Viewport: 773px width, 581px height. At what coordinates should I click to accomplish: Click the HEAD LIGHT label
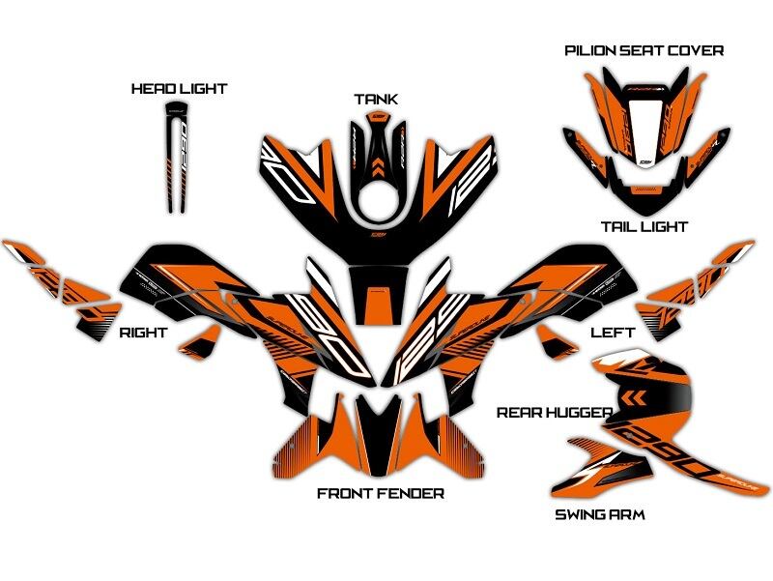pyautogui.click(x=179, y=89)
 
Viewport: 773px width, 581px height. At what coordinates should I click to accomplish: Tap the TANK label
pyautogui.click(x=376, y=100)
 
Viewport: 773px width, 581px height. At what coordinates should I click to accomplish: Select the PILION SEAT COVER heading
pyautogui.click(x=644, y=50)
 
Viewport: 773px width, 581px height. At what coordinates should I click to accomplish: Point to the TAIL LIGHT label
pyautogui.click(x=644, y=227)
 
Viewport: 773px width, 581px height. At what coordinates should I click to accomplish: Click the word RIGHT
pyautogui.click(x=143, y=333)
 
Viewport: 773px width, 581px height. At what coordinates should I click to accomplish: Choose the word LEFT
pyautogui.click(x=613, y=333)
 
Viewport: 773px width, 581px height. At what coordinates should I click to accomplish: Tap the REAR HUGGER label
pyautogui.click(x=554, y=413)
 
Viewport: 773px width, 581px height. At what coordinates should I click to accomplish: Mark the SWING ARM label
pyautogui.click(x=599, y=514)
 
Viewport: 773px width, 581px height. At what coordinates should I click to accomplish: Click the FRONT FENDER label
pyautogui.click(x=381, y=494)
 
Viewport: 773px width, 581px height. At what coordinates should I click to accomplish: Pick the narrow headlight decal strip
pyautogui.click(x=175, y=155)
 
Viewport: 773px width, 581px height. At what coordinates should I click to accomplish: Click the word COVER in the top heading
pyautogui.click(x=698, y=50)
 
